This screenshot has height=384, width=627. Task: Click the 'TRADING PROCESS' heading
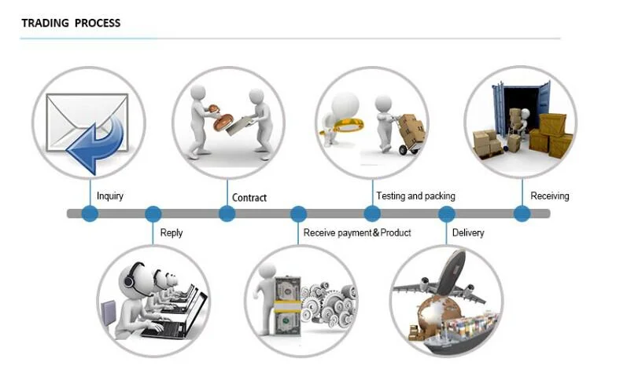pos(71,23)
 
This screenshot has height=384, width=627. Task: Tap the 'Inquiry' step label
pos(110,196)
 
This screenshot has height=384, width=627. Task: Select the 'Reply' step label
pos(172,232)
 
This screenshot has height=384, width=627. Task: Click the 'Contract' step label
pos(249,198)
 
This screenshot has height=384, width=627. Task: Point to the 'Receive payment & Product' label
pos(357,232)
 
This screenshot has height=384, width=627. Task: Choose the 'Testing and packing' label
pos(415,196)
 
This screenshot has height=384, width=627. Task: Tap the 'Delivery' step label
pos(468,232)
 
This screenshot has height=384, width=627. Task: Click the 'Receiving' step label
pos(550,196)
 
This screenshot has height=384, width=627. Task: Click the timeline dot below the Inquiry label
pos(90,214)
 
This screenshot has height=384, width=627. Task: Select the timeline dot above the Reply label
pos(153,214)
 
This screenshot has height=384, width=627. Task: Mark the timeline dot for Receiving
pos(522,214)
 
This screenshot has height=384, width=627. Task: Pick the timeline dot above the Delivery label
pos(446,214)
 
